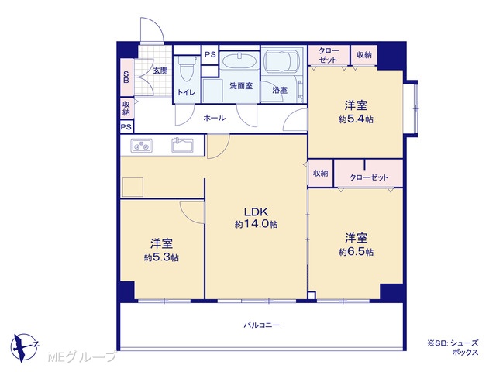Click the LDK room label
tap(256, 212)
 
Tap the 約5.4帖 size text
tap(356, 119)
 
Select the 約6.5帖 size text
tap(356, 252)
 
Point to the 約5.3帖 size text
tap(161, 257)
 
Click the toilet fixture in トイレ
tap(186, 69)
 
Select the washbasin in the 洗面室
tap(239, 61)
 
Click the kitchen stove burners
tap(141, 146)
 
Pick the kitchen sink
tap(183, 145)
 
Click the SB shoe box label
tap(126, 77)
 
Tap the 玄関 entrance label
tap(160, 71)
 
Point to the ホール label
tap(215, 118)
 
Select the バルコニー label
tap(262, 325)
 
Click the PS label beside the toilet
tap(210, 54)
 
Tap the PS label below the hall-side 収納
tap(126, 127)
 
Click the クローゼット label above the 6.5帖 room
tap(369, 177)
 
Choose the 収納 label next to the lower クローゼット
tap(320, 173)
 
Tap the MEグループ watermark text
tap(82, 356)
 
